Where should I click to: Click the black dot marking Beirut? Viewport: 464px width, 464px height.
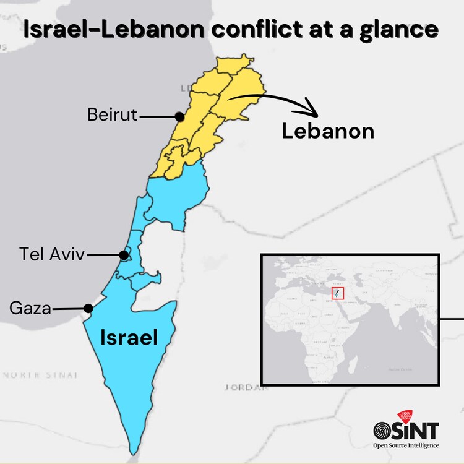pos(179,116)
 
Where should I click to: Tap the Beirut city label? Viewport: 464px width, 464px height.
pos(112,115)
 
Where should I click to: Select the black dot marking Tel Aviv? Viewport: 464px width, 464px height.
pos(124,255)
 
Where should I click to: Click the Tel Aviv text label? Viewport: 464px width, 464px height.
pos(51,254)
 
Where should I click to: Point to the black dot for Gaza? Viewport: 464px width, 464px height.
pos(88,308)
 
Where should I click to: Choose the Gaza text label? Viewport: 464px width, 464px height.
pos(30,308)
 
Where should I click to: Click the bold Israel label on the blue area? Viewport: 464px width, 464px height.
pos(129,337)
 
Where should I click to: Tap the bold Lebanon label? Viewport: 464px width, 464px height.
pos(328,131)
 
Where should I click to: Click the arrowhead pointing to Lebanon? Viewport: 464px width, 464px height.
pos(312,111)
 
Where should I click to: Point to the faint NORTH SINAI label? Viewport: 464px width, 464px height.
pos(40,375)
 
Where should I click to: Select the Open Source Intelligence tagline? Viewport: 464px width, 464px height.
pos(405,445)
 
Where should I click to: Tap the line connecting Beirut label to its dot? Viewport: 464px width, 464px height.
pos(157,116)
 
